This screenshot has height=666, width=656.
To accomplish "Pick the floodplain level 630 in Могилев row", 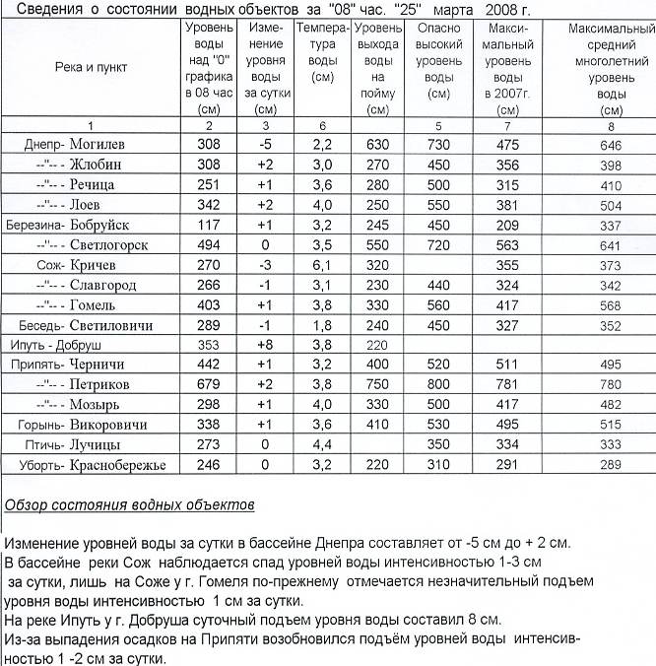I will (378, 145).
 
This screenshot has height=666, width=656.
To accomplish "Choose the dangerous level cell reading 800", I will (438, 384).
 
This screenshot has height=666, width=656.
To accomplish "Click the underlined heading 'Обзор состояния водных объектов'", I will (129, 506).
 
